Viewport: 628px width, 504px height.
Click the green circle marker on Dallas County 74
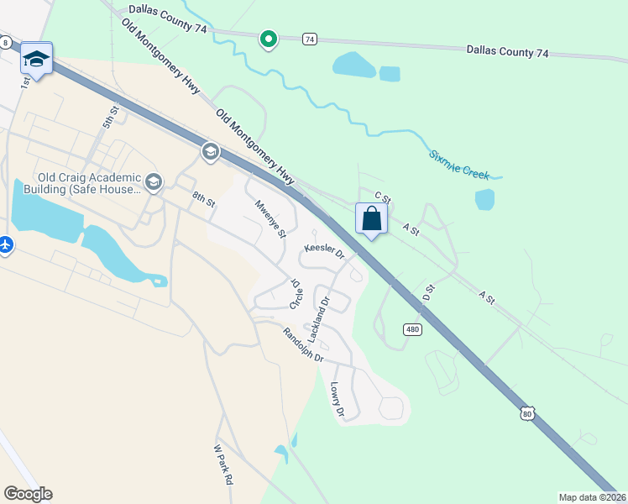point(269,39)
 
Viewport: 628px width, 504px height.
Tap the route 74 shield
point(311,39)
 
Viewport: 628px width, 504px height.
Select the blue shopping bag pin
point(371,219)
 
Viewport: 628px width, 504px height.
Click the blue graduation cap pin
point(36,59)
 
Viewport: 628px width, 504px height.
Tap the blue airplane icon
point(5,244)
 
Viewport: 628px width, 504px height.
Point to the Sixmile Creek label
point(458,165)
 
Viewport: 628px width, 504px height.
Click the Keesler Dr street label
point(325,249)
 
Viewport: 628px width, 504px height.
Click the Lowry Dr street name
point(338,400)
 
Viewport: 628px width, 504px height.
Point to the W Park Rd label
point(222,464)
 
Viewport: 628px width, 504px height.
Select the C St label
point(383,197)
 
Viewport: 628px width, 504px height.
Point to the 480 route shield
point(411,329)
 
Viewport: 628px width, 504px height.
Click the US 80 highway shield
point(526,412)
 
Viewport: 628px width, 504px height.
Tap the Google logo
point(28,494)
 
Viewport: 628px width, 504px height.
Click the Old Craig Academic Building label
point(89,183)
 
